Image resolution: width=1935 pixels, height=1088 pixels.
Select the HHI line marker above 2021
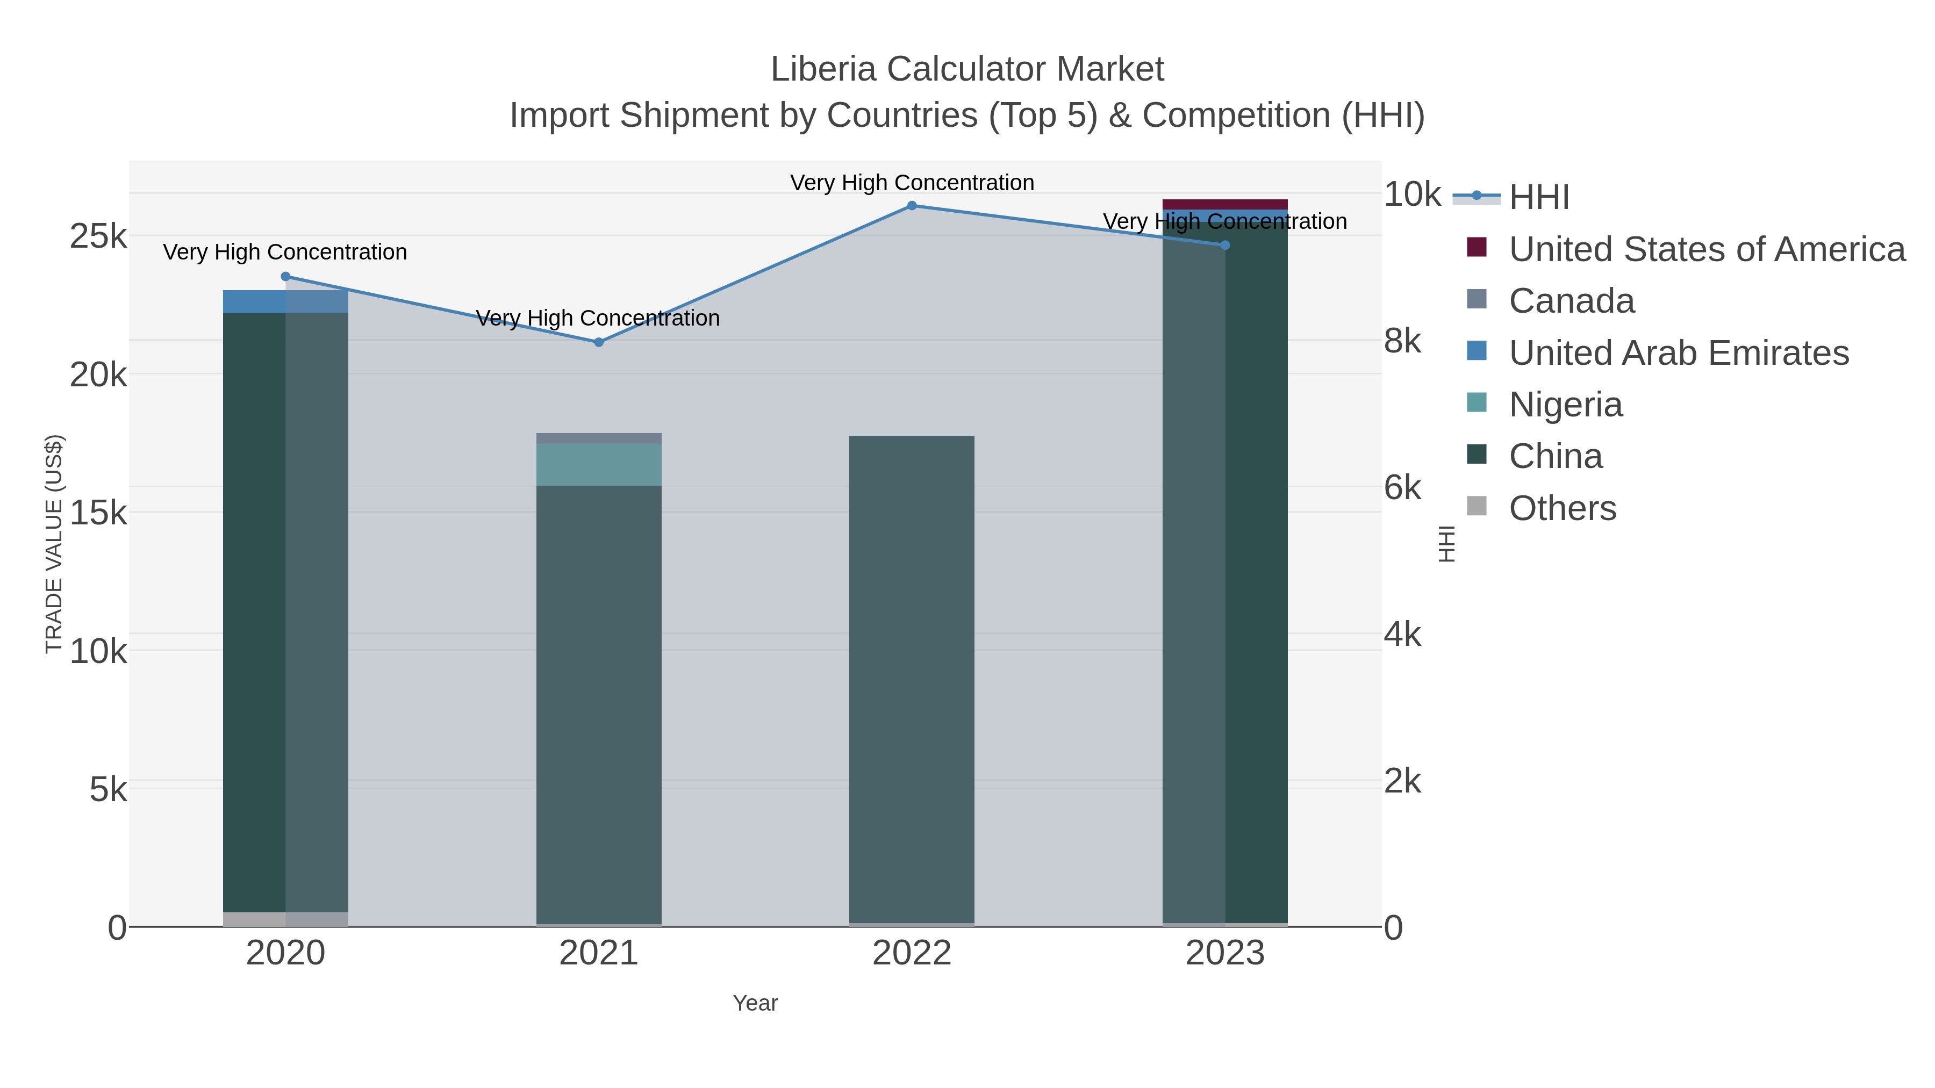click(x=599, y=342)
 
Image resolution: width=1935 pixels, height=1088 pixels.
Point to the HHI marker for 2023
click(x=1225, y=246)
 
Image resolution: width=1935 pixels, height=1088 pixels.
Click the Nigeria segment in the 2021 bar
click(x=599, y=465)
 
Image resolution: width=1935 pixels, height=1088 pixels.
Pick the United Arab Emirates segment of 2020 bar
click(x=285, y=302)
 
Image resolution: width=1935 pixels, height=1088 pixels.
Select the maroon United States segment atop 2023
click(x=1225, y=204)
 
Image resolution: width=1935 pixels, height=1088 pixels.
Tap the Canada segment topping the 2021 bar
click(x=599, y=438)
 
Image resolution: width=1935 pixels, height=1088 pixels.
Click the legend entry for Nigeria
click(x=1565, y=405)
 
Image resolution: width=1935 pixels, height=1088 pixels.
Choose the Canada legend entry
click(x=1572, y=301)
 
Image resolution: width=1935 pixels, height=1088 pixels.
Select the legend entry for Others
click(x=1563, y=508)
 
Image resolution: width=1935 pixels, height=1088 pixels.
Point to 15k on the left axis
click(x=98, y=514)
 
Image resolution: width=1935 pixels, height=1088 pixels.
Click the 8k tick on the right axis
click(x=1402, y=342)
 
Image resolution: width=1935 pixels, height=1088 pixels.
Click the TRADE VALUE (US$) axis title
click(x=54, y=544)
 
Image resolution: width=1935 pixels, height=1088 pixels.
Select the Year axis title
click(x=755, y=1003)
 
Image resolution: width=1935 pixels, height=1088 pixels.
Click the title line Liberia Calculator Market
click(x=967, y=69)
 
